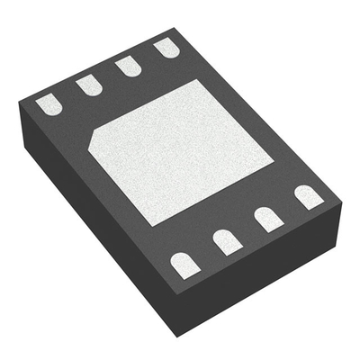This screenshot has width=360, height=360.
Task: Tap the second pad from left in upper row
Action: (88, 85)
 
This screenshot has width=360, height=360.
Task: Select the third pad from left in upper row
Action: (128, 67)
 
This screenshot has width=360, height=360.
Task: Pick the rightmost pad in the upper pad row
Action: (166, 48)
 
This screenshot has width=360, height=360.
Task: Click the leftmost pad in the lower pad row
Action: (184, 263)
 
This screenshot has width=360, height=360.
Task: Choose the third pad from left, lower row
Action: (267, 219)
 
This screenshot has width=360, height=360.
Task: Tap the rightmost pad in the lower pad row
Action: (308, 197)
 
